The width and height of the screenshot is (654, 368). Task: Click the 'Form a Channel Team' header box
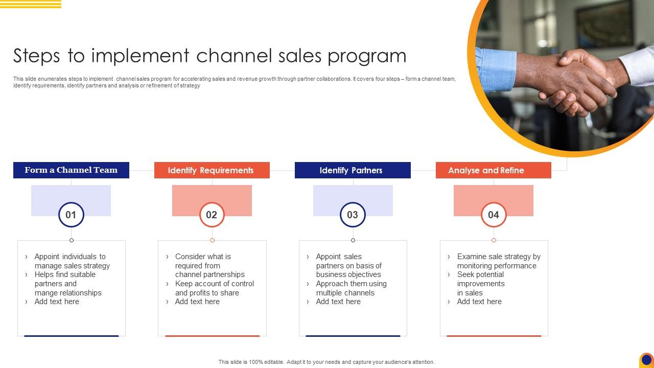point(71,170)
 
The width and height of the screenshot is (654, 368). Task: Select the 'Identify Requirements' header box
point(212,170)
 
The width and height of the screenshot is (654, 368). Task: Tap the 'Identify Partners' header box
point(353,170)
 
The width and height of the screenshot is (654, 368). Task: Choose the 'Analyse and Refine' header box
point(493,170)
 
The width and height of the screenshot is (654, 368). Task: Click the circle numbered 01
point(71,215)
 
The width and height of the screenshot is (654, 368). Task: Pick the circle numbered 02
point(212,215)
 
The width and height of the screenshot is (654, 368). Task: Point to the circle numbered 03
point(353,215)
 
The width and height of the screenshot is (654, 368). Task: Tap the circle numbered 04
point(494,215)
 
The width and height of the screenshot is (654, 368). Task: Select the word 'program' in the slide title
point(367,56)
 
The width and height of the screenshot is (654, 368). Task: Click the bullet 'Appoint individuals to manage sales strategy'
point(72,261)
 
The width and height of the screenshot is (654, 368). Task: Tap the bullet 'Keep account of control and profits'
point(214,288)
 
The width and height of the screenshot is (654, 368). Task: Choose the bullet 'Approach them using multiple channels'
point(351,288)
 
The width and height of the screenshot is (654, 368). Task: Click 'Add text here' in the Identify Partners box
point(338,302)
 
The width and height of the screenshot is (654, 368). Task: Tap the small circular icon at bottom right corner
point(646,360)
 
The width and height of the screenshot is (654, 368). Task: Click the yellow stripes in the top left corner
point(31,4)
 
